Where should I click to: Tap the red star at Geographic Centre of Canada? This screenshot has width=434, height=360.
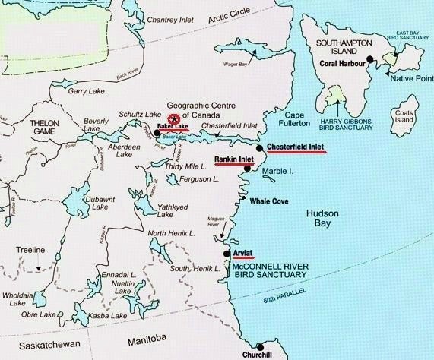[x=173, y=119]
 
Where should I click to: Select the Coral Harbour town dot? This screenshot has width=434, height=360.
[x=369, y=59]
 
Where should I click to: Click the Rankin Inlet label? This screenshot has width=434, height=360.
[x=234, y=159]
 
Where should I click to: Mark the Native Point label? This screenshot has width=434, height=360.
[x=409, y=78]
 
